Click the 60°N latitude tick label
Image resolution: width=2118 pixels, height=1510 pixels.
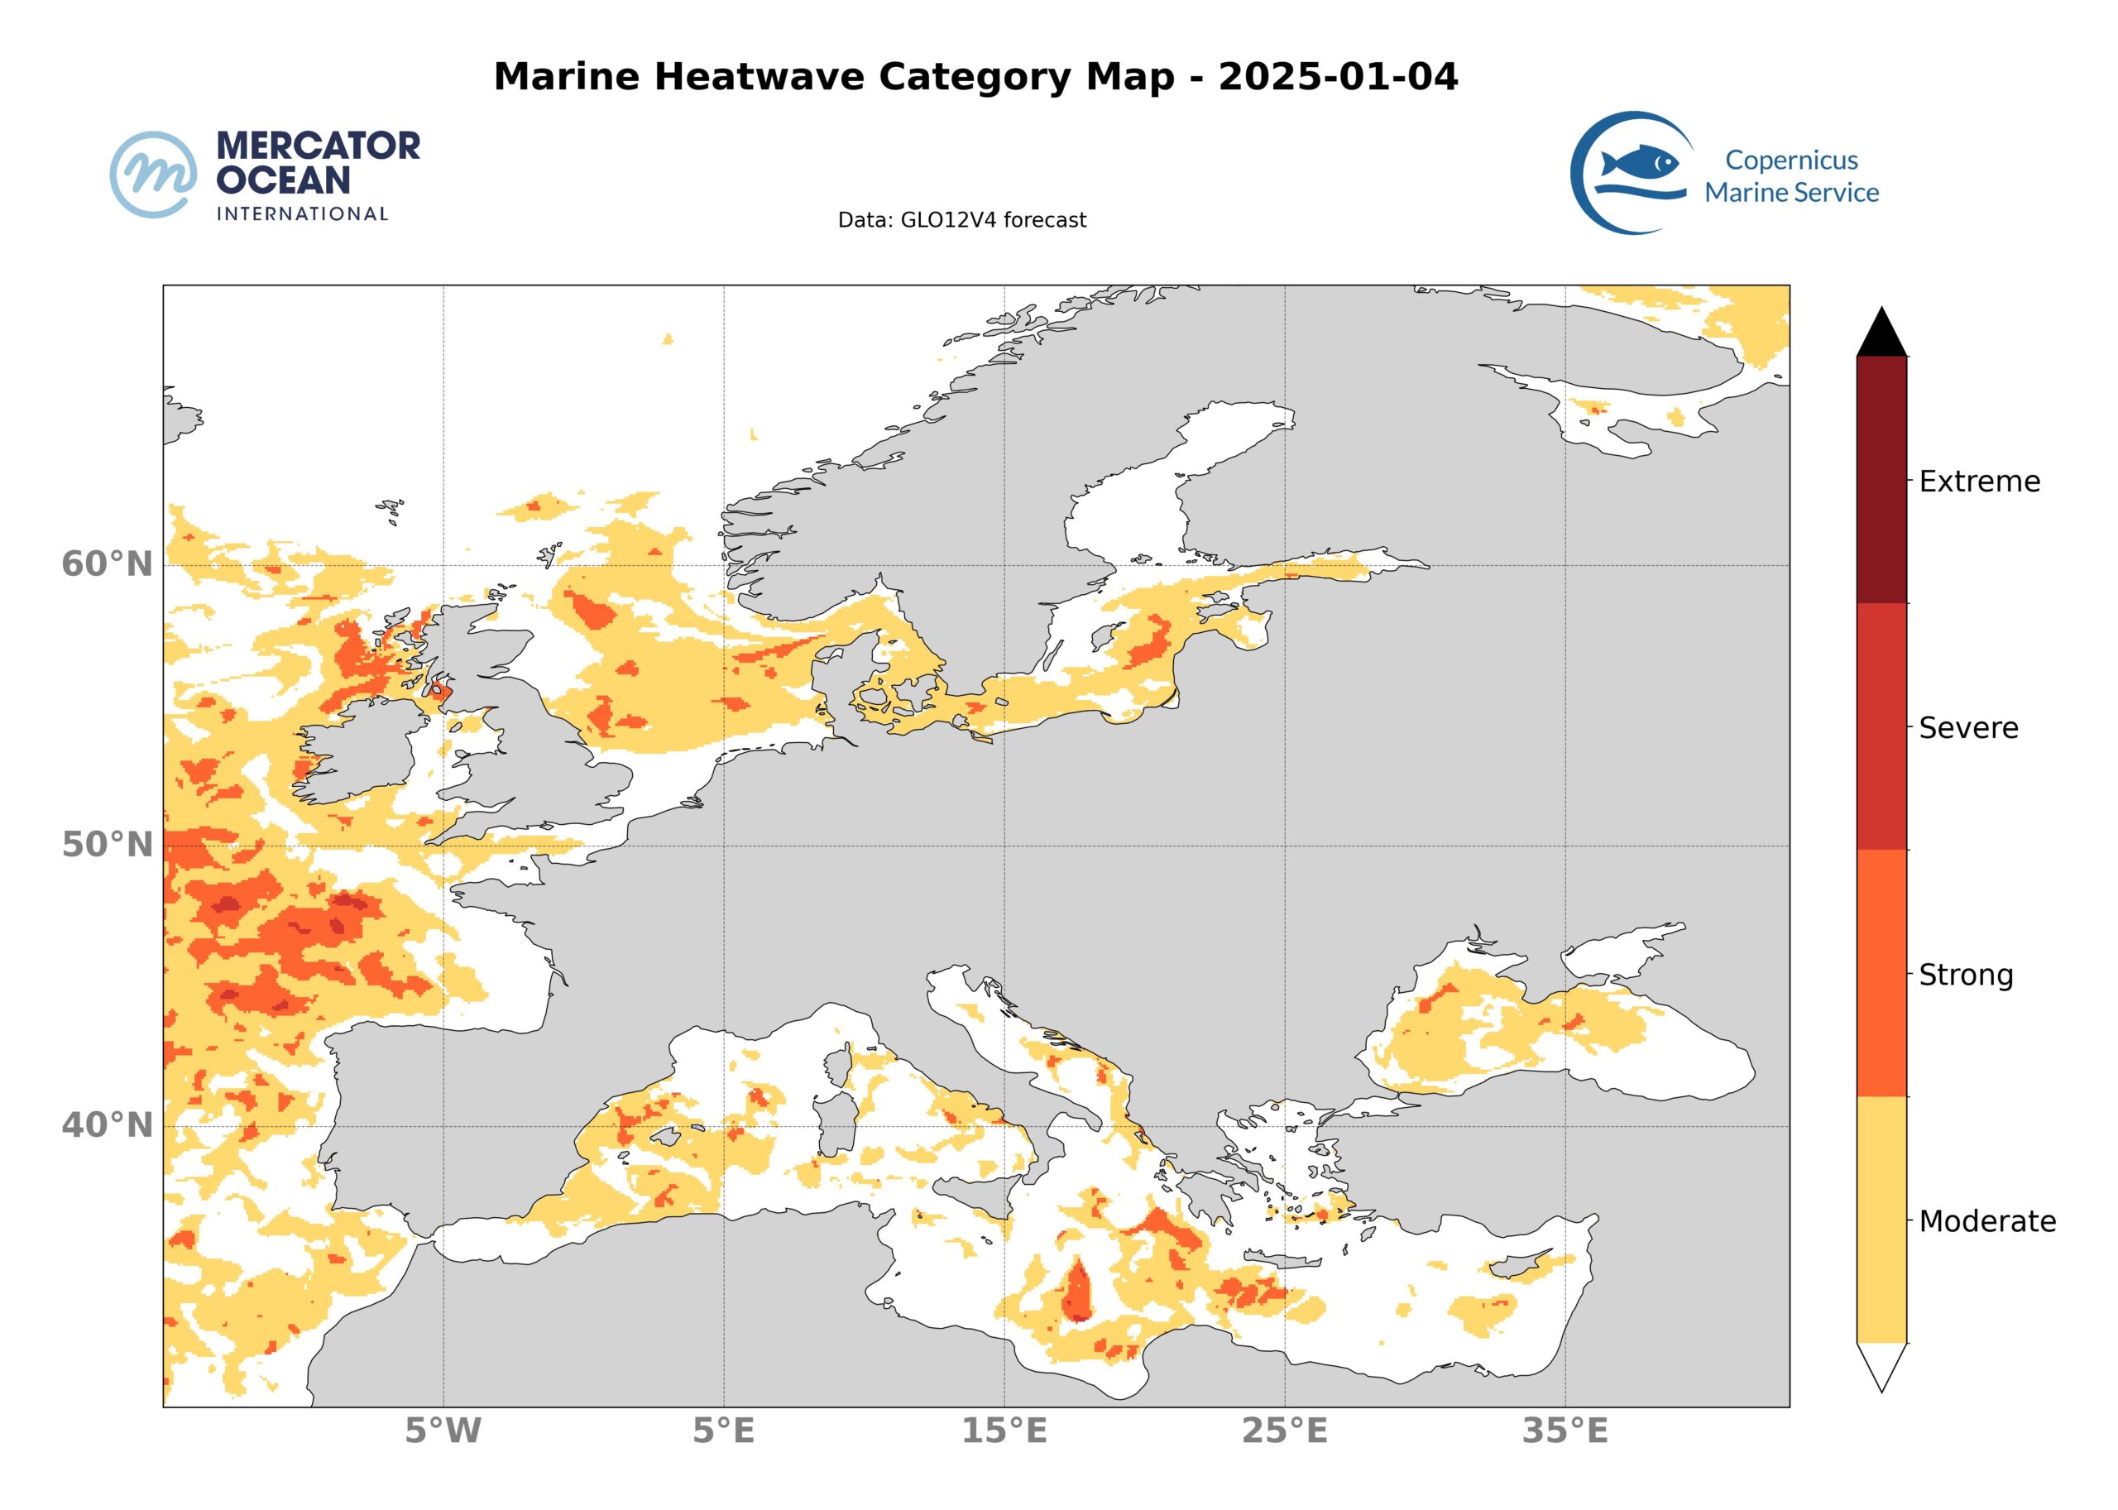coord(107,564)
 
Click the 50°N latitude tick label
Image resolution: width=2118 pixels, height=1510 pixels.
coord(107,846)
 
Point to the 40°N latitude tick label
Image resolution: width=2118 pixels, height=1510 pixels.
coord(107,1125)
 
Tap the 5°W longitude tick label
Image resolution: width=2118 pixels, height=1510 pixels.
coord(443,1431)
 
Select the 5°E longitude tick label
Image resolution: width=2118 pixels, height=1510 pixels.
coord(723,1431)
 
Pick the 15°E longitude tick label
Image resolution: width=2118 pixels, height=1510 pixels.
coord(1004,1431)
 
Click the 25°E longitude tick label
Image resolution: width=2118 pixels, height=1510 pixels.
coord(1284,1431)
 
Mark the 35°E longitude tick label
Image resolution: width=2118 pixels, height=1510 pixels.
coord(1565,1431)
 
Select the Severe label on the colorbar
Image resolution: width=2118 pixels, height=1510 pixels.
coord(1968,728)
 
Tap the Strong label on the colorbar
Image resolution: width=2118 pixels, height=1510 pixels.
coord(1966,975)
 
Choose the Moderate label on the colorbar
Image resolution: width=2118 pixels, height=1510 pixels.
coord(1987,1221)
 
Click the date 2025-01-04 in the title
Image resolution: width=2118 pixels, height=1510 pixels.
coord(1337,76)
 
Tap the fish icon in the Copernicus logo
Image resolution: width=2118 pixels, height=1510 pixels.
coord(1640,163)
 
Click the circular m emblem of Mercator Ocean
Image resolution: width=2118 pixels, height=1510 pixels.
coord(153,175)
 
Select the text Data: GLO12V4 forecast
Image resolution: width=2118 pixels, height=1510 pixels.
coord(961,220)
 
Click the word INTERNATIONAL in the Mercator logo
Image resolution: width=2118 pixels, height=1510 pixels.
coord(302,213)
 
